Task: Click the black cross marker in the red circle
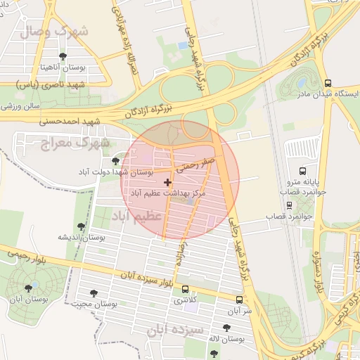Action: (x=167, y=183)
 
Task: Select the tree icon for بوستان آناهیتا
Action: (x=63, y=56)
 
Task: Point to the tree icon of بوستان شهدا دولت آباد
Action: (x=115, y=161)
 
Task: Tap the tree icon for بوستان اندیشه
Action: (x=81, y=226)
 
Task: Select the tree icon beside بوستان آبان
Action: (x=29, y=288)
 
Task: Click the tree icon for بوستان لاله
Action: (x=226, y=328)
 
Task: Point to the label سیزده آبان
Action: (x=176, y=329)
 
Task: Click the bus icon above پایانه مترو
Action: (x=302, y=171)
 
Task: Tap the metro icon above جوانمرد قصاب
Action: (x=288, y=205)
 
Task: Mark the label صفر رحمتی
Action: (x=195, y=166)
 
